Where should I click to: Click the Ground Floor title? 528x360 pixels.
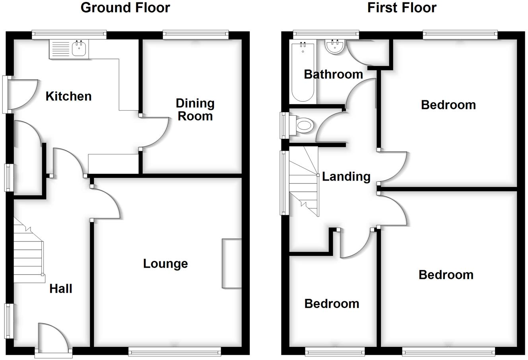click(125, 8)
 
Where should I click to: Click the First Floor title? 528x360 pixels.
click(402, 8)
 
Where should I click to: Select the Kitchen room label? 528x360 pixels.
click(68, 96)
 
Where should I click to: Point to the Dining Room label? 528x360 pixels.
click(195, 110)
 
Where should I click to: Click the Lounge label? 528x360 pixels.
click(165, 264)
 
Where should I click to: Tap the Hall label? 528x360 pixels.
click(61, 289)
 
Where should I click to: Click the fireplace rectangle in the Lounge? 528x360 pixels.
click(232, 263)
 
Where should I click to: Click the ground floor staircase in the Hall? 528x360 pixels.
click(29, 251)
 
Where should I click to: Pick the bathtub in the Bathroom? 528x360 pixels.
click(303, 72)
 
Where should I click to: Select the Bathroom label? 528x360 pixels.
click(333, 74)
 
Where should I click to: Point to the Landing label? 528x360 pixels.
click(346, 177)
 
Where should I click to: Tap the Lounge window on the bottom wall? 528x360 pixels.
click(175, 351)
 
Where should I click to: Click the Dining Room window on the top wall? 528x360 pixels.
click(196, 35)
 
